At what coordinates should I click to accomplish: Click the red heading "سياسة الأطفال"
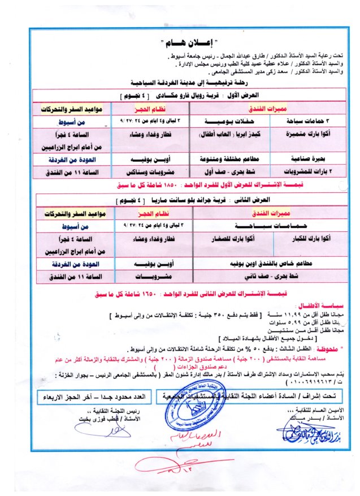pos(326,304)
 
